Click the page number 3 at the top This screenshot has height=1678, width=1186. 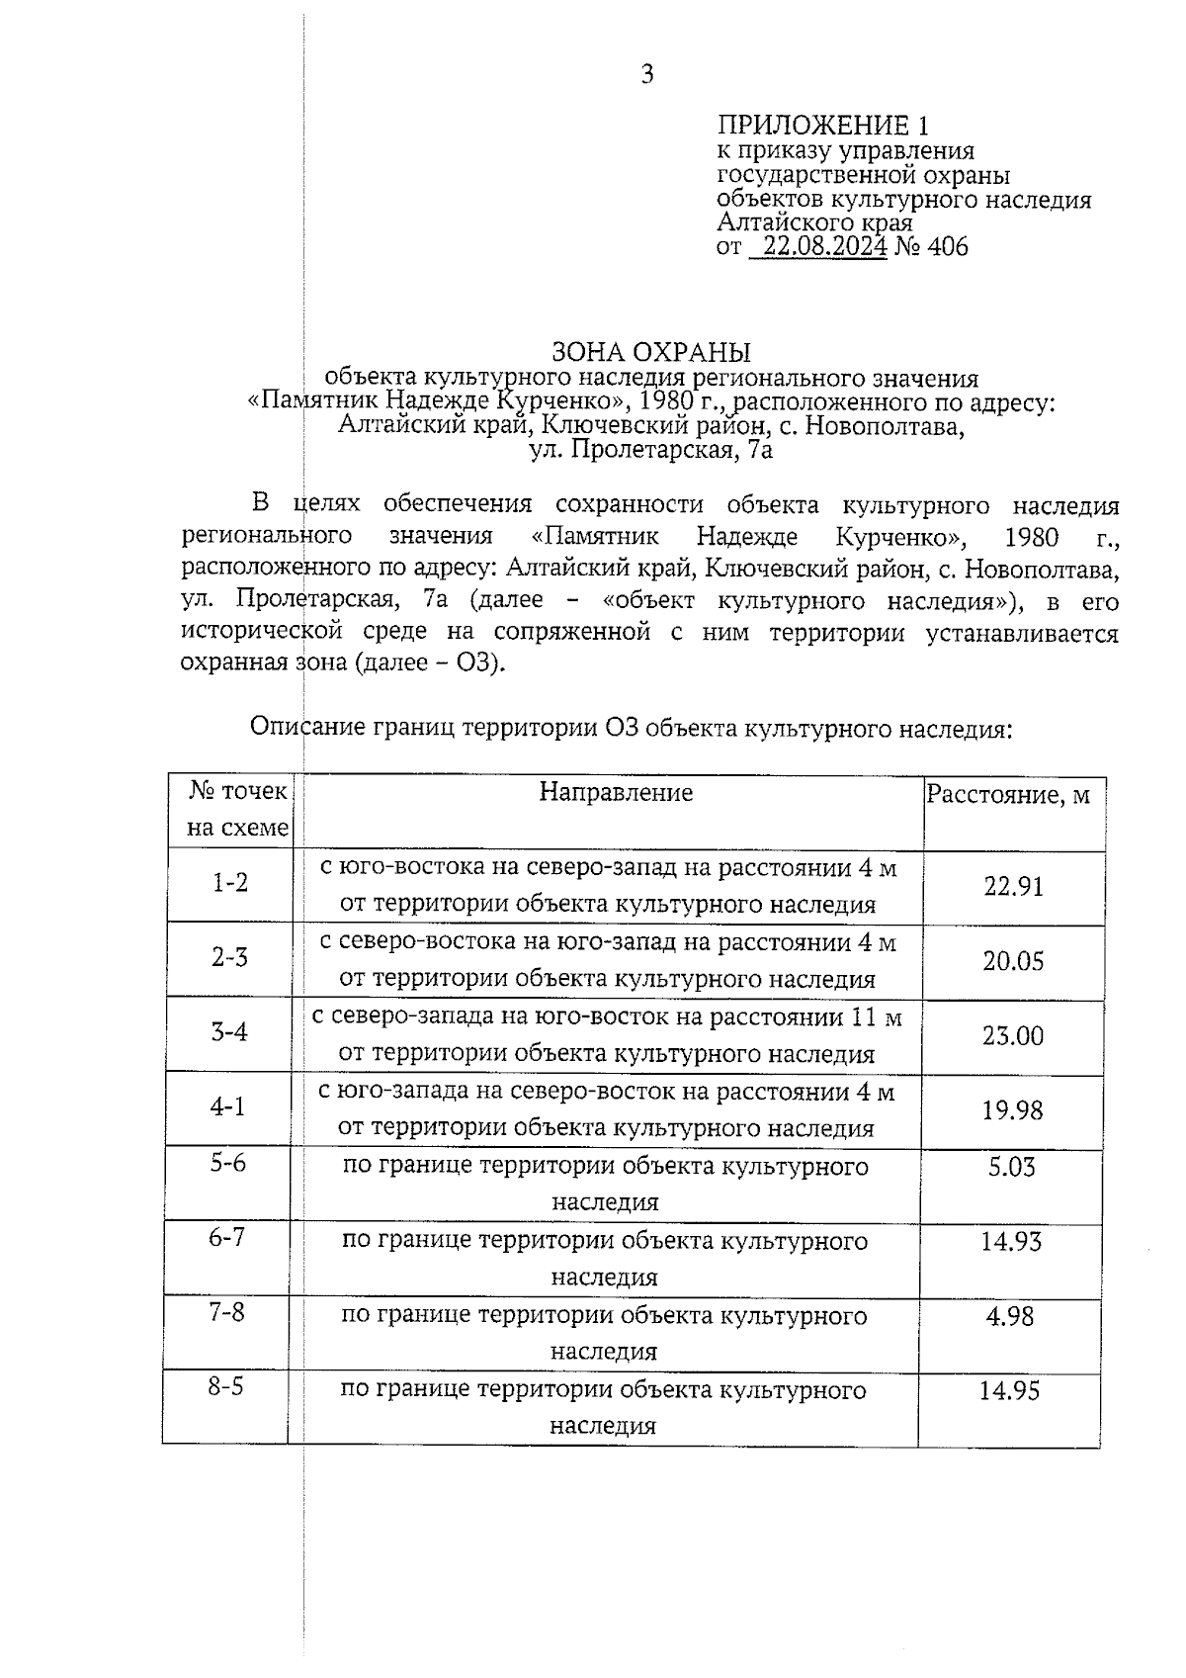tap(647, 75)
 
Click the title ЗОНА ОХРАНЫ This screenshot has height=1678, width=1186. tap(650, 352)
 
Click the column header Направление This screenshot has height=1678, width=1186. tap(616, 792)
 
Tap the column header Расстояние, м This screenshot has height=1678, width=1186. tap(1008, 795)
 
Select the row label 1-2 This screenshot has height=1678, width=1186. tap(229, 882)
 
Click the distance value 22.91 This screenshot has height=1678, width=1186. tap(1013, 886)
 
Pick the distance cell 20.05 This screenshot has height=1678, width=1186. tap(1013, 961)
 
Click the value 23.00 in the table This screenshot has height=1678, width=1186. tap(1013, 1035)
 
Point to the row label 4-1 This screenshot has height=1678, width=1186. tap(227, 1106)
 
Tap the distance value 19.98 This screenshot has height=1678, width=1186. tap(1012, 1109)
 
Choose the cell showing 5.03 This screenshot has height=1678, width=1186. tap(1012, 1167)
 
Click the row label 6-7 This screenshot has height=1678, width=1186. tap(226, 1237)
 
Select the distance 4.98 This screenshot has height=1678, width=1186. tap(1010, 1316)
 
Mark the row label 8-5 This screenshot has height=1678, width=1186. tap(225, 1386)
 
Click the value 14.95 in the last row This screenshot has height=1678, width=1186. tap(1009, 1391)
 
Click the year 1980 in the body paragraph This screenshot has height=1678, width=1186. tap(1031, 538)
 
